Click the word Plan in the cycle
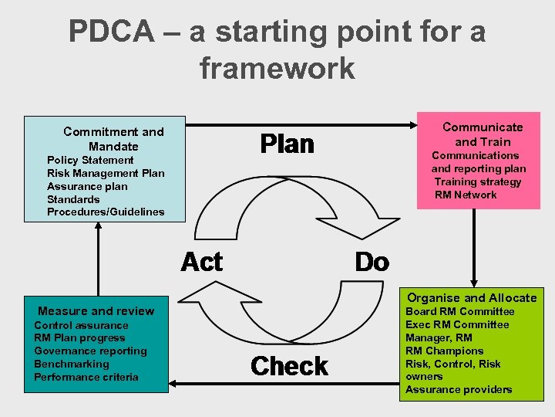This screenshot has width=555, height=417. click(x=287, y=144)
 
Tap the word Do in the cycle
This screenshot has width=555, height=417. click(x=372, y=263)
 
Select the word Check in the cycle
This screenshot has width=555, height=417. click(x=289, y=365)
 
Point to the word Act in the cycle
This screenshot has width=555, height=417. click(x=201, y=263)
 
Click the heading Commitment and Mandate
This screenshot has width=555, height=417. click(x=113, y=139)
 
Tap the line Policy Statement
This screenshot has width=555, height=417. click(x=90, y=160)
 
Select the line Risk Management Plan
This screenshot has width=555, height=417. click(x=106, y=173)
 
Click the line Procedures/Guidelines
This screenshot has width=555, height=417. click(x=106, y=212)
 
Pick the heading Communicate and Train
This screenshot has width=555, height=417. click(x=483, y=134)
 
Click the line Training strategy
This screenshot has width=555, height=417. click(x=477, y=181)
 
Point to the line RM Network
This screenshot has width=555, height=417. click(x=466, y=195)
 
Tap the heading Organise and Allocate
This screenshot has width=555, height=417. click(x=472, y=297)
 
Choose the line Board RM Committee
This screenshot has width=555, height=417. click(x=459, y=311)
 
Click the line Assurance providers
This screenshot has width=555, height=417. click(x=459, y=389)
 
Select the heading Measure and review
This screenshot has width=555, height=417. click(x=96, y=310)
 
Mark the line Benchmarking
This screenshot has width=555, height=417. click(x=72, y=364)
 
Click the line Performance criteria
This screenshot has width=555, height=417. click(x=86, y=377)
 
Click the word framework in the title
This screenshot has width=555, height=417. click(x=277, y=68)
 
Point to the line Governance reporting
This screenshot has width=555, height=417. click(x=90, y=351)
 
